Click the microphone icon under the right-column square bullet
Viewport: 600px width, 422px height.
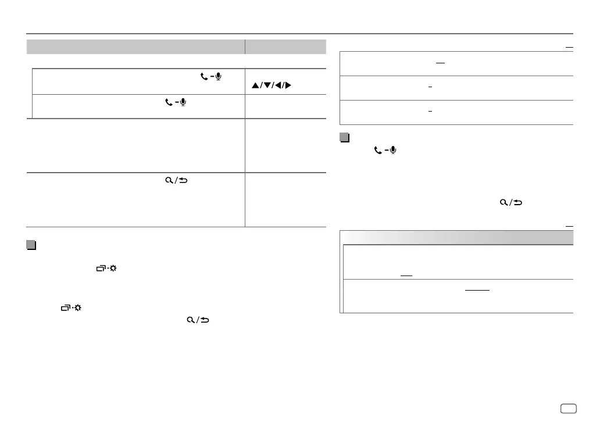click(x=393, y=150)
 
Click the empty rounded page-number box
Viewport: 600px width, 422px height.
click(x=568, y=407)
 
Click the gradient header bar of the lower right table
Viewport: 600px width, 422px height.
click(x=456, y=237)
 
